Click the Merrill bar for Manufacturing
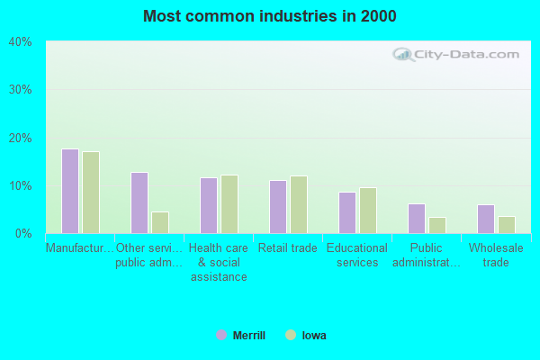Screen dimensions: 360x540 tap(70, 191)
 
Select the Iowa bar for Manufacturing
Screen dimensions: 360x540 tap(91, 193)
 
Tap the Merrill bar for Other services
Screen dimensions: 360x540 tap(139, 202)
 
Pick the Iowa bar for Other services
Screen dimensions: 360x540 tap(160, 222)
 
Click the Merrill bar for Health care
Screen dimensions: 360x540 tap(209, 205)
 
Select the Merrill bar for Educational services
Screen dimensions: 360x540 tap(347, 212)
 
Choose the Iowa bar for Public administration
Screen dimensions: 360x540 tap(437, 225)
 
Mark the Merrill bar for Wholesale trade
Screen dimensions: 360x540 tap(486, 219)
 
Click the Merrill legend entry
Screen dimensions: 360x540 tap(241, 336)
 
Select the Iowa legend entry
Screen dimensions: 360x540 tap(306, 336)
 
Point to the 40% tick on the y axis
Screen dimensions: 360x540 tap(20, 42)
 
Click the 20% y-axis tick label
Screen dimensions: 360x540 tap(20, 138)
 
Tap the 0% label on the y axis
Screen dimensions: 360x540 tap(23, 234)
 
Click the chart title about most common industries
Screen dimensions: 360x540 tap(269, 16)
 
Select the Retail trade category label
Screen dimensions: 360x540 tap(288, 248)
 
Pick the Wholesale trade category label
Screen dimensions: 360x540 tap(496, 256)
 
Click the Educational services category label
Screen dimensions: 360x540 tap(357, 256)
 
